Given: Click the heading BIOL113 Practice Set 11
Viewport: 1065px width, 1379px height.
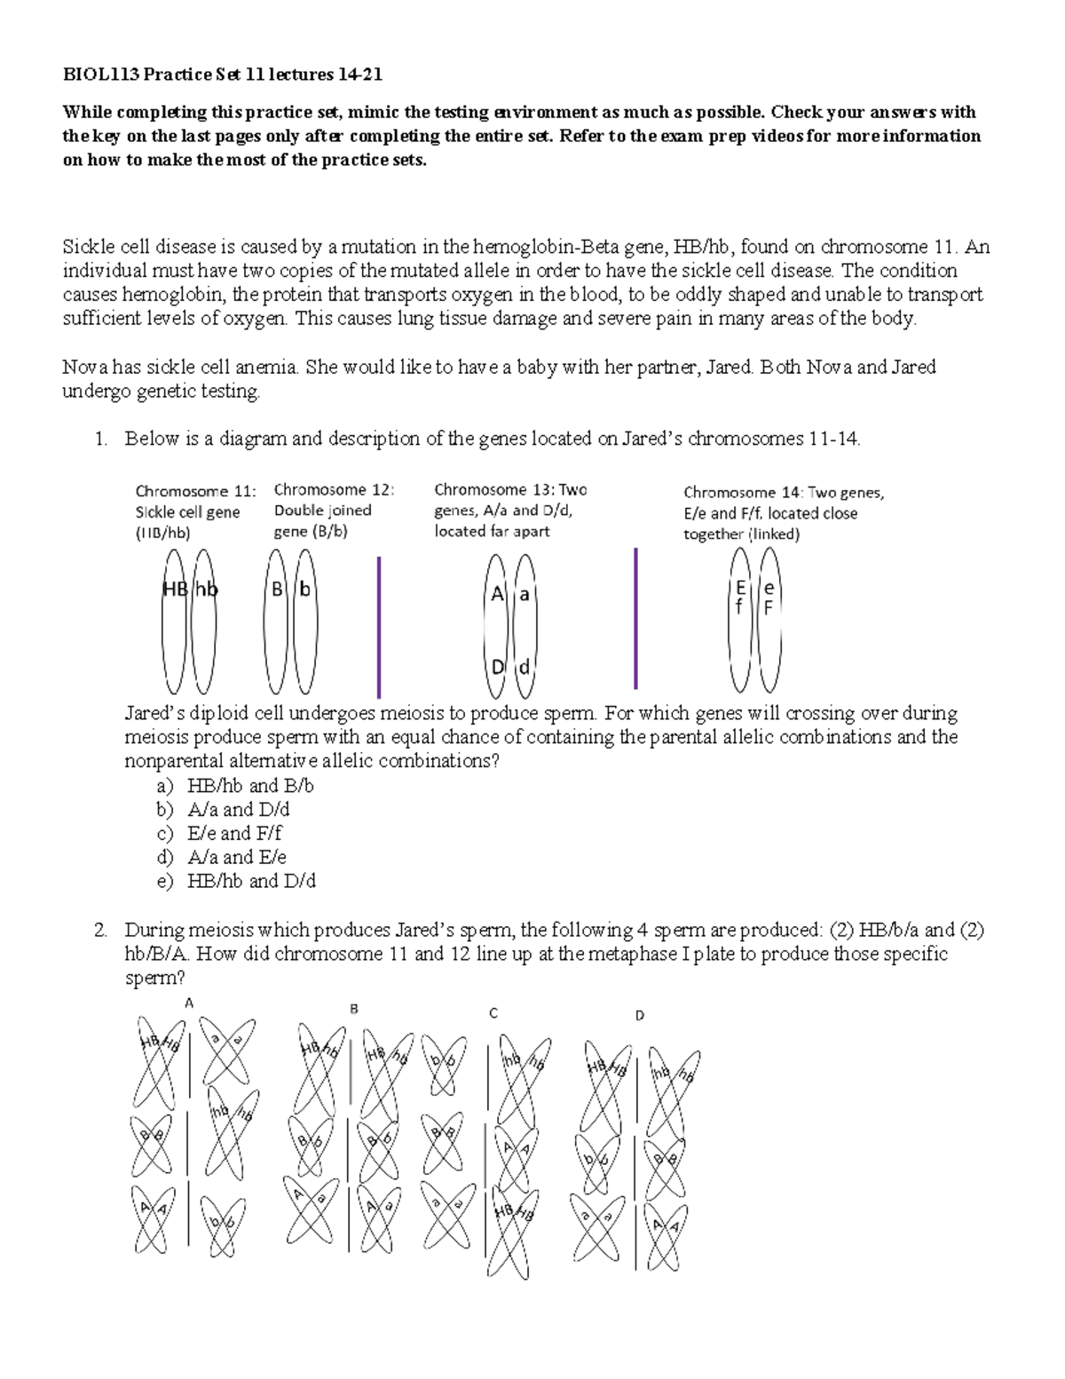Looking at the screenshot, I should [222, 75].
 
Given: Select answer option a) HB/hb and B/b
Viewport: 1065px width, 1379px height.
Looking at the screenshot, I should [249, 786].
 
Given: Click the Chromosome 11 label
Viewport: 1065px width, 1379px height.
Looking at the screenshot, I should [195, 492].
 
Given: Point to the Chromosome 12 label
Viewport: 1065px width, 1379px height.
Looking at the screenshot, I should [334, 490].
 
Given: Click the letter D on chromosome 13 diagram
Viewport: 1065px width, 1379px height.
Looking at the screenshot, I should [498, 667].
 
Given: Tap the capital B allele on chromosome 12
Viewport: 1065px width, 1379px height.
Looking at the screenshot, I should [277, 590].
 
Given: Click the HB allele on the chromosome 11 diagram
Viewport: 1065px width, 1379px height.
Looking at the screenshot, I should [174, 590].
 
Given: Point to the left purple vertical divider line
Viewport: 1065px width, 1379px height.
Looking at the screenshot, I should [379, 627].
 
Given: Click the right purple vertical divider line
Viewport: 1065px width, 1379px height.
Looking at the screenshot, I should [635, 619].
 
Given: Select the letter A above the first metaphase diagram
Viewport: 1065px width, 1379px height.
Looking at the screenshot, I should [188, 1003].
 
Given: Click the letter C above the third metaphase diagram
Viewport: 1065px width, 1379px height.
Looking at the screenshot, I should [493, 1013].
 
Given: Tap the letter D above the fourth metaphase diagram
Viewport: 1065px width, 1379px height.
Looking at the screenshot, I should [639, 1016].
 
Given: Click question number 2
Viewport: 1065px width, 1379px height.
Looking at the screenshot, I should [100, 931].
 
